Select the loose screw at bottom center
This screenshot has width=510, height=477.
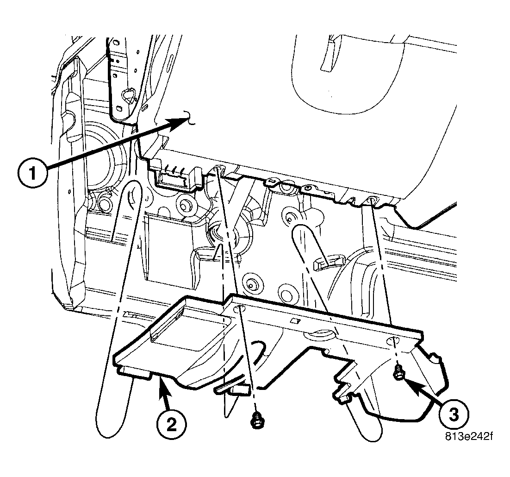[x=254, y=421]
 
